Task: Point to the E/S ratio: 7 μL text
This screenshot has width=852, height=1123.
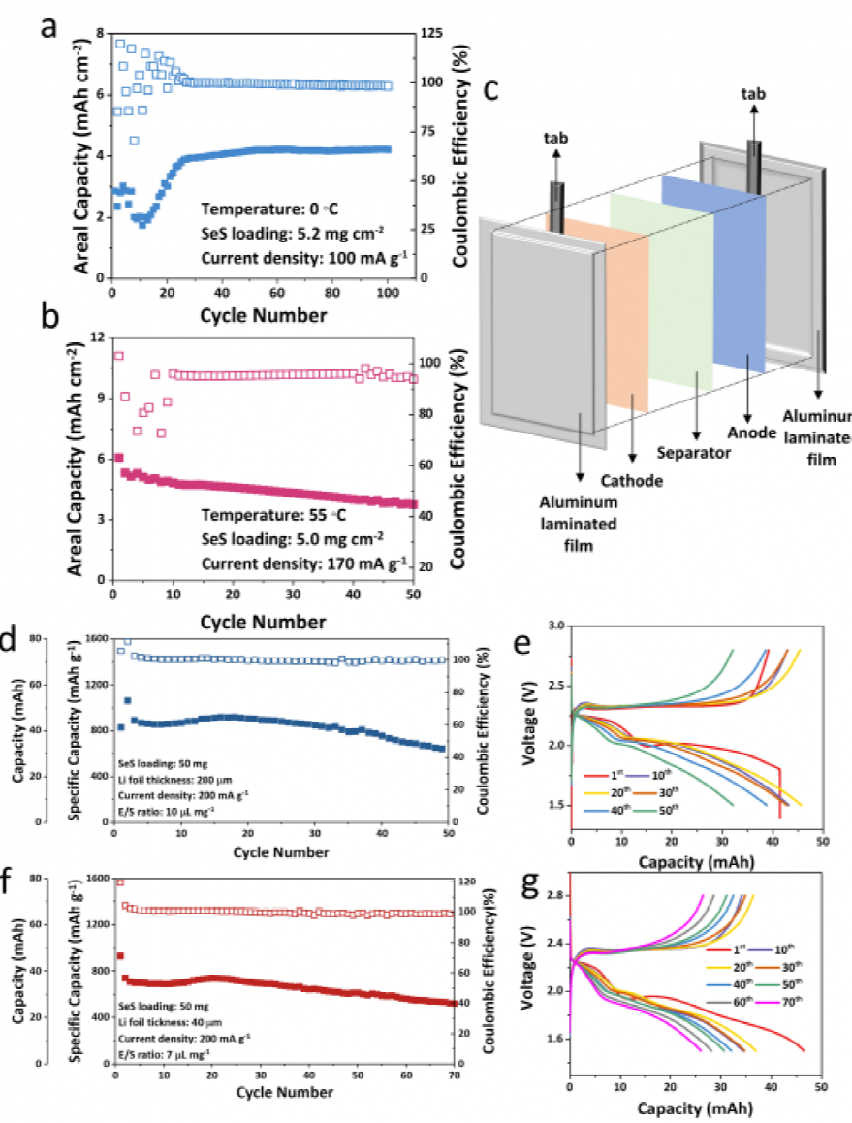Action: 166,1052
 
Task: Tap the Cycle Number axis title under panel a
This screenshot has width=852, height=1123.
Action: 250,315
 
